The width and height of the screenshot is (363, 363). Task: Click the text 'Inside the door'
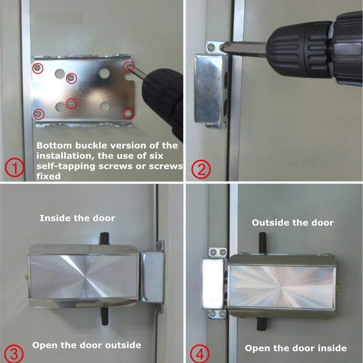(77, 218)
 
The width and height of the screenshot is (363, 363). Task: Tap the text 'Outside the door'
(293, 223)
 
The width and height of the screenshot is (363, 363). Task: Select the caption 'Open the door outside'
(87, 345)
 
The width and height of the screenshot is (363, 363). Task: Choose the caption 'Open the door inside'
(296, 348)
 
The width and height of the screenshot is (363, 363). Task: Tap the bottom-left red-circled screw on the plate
(38, 114)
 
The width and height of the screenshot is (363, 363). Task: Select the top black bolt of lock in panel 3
(105, 238)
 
